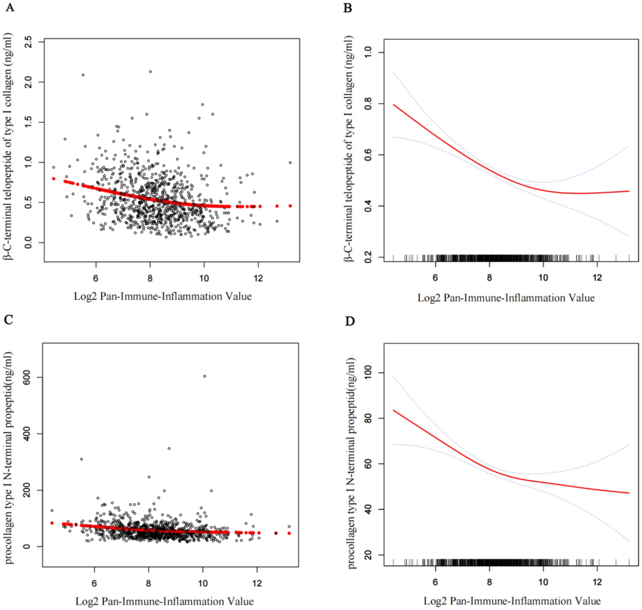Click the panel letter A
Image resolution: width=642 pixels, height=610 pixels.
10,7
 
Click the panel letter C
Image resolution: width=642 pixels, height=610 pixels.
8,319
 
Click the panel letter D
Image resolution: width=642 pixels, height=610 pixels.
350,321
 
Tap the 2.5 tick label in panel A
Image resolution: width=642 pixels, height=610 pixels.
28,42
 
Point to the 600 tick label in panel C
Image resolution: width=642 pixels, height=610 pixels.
28,377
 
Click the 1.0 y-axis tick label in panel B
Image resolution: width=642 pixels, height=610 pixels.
369,52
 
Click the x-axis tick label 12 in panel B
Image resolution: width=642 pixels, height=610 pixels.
597,278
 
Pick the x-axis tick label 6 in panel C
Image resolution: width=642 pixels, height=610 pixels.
95,583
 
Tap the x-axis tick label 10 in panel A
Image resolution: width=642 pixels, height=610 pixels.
204,278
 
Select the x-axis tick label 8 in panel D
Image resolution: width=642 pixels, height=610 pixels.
489,582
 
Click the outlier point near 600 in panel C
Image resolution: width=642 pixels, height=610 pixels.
205,376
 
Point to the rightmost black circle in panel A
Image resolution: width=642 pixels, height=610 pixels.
290,162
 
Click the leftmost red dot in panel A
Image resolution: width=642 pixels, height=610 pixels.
54,179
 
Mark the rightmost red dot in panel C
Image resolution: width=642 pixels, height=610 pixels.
289,533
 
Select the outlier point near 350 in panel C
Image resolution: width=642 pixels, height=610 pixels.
169,449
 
